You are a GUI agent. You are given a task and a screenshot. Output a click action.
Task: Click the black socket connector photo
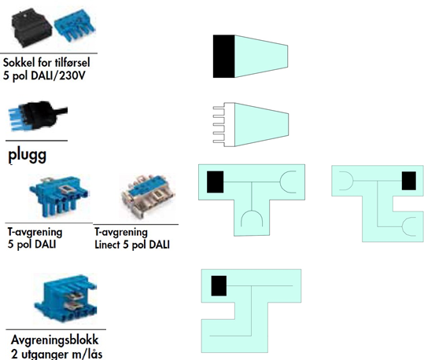[x=31, y=28]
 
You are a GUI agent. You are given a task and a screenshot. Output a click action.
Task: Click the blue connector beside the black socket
[x=75, y=26]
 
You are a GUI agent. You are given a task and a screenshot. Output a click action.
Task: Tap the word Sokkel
[x=19, y=63]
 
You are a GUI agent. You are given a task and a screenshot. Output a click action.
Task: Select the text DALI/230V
[x=58, y=75]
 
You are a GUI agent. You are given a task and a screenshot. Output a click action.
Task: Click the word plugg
[x=27, y=156]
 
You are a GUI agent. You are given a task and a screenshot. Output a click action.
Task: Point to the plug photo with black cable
[x=38, y=116]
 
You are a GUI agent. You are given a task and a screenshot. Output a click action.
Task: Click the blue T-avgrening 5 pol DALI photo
[x=59, y=196]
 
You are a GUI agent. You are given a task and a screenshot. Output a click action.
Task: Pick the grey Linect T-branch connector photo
[x=148, y=197]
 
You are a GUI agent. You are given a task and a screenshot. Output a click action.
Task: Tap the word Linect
[x=107, y=244]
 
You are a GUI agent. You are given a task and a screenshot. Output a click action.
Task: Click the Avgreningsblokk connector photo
[x=65, y=298]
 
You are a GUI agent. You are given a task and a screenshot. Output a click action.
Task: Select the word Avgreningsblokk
[x=54, y=340]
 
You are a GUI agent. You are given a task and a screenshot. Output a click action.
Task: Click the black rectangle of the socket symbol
[x=223, y=57]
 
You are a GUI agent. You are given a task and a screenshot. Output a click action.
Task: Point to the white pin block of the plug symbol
[x=224, y=125]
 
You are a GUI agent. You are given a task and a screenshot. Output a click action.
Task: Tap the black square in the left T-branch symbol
[x=216, y=182]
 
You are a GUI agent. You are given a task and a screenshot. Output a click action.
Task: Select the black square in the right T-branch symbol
[x=409, y=181]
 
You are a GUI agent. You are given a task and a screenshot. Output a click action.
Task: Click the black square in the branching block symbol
[x=219, y=286]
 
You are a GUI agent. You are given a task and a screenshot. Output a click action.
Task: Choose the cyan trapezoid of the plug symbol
[x=261, y=125]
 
